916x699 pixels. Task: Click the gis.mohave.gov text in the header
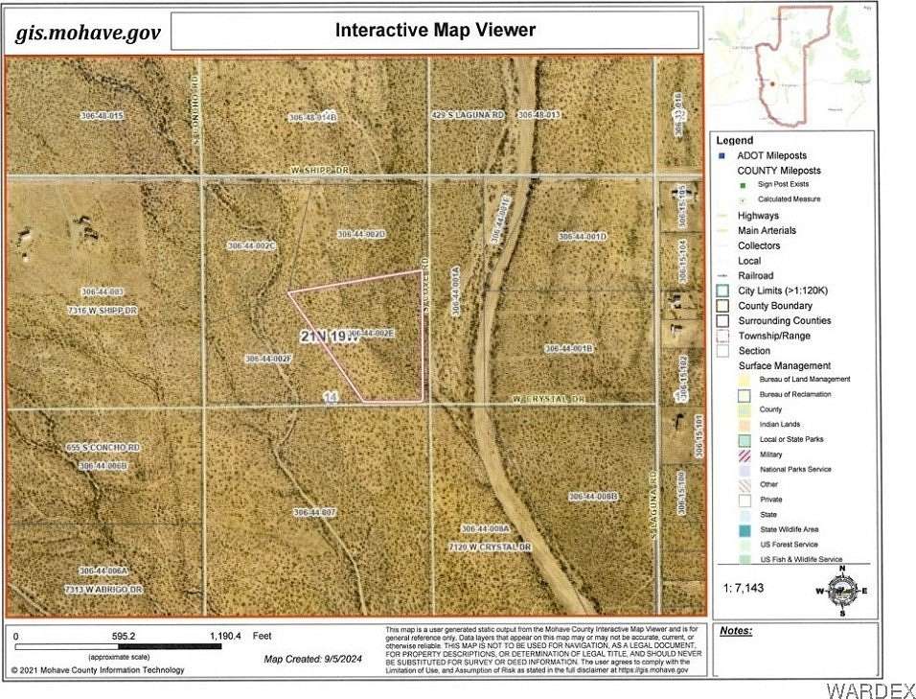coord(87,34)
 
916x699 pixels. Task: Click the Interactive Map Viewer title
coord(435,31)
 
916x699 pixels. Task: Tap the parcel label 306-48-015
coord(102,116)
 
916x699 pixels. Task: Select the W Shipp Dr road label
coord(321,170)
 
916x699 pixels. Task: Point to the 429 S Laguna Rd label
coord(467,115)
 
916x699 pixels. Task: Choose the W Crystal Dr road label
coord(548,399)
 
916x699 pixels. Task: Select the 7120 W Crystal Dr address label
coord(489,547)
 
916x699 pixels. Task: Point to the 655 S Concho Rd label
coord(103,448)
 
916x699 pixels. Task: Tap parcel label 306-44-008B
coord(594,497)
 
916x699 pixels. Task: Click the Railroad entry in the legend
coord(755,275)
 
